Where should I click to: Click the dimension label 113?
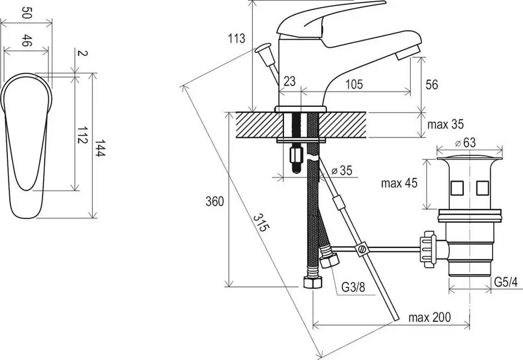tap(237, 38)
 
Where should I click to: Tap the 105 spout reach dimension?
tap(354, 84)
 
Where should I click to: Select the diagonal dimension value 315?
tap(261, 223)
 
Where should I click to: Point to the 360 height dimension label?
tap(214, 201)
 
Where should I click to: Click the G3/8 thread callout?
tap(353, 287)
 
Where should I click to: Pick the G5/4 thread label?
tap(506, 282)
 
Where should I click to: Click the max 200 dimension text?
tap(430, 317)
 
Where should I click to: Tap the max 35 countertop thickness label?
tap(445, 124)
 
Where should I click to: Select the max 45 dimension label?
tap(399, 183)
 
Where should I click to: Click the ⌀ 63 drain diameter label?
tap(466, 143)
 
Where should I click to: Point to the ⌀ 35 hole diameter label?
tap(342, 170)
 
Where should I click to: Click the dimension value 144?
tap(100, 148)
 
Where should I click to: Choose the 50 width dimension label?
tap(26, 12)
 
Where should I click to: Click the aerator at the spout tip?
tap(407, 52)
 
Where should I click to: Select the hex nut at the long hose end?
tap(313, 283)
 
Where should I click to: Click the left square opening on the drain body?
tap(457, 188)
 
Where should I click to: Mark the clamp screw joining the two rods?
tap(362, 249)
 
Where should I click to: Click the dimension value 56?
tap(431, 85)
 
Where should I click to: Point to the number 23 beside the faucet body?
tap(290, 81)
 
